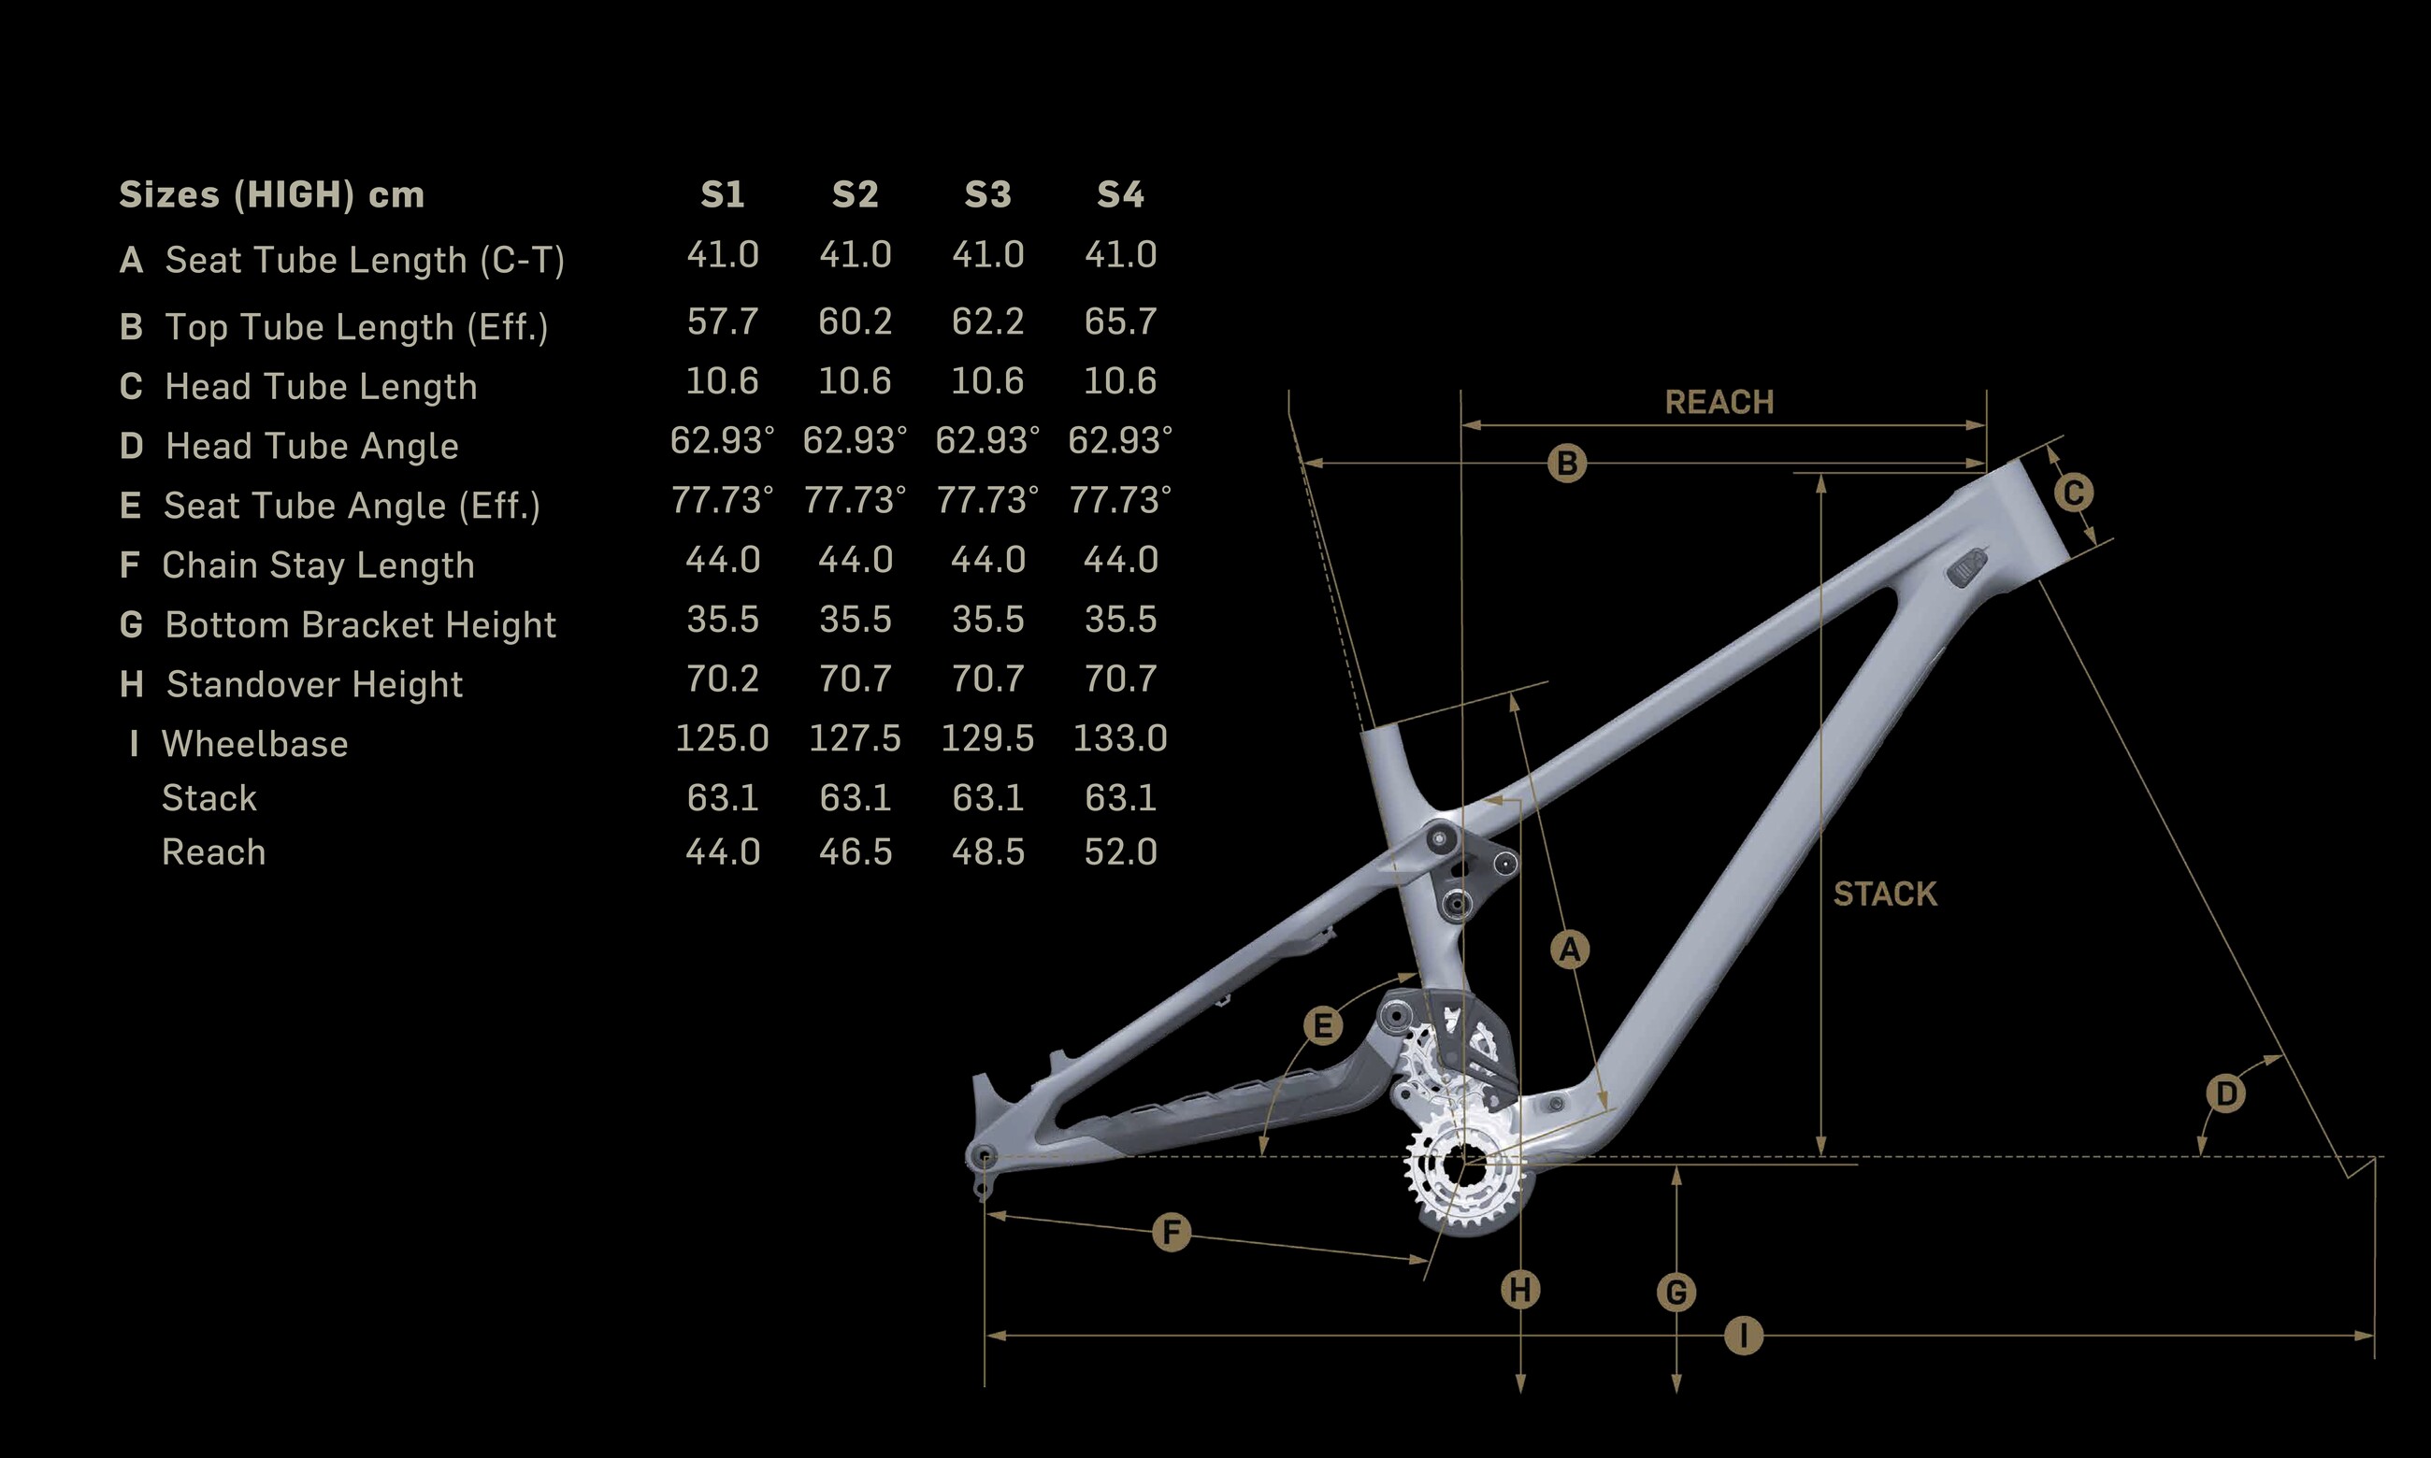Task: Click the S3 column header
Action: pos(987,194)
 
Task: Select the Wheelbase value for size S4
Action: pos(1119,737)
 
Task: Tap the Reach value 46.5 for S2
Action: pos(855,851)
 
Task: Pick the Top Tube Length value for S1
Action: pos(722,322)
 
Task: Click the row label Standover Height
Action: pos(313,684)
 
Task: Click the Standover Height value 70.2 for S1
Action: pos(722,679)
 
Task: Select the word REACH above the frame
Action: pos(1719,402)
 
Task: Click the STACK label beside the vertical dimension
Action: pos(1885,894)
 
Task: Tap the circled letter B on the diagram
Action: pos(1567,463)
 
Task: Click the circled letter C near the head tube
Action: pos(2073,493)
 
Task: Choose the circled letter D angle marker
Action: pos(2225,1093)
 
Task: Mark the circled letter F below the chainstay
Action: pos(1171,1232)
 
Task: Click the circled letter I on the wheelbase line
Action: pos(1744,1336)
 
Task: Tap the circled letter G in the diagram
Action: pos(1676,1292)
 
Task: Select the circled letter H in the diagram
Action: pos(1520,1290)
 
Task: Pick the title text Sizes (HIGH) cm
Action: pos(271,194)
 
